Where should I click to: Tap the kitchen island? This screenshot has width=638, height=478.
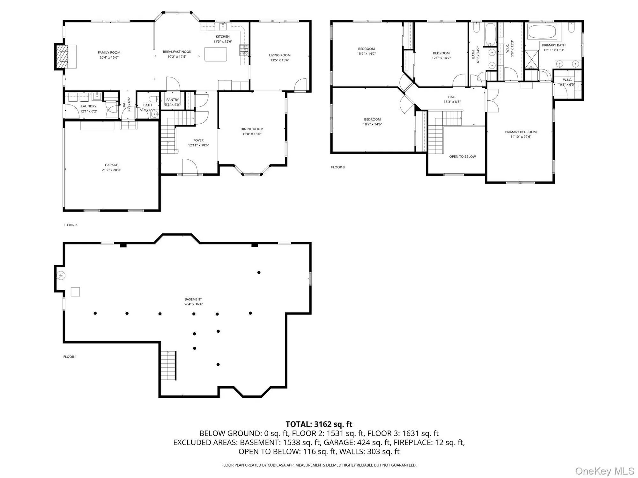click(216, 54)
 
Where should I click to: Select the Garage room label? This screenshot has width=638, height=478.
click(111, 165)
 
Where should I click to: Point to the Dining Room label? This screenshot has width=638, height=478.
click(252, 129)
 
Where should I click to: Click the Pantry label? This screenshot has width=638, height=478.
click(173, 100)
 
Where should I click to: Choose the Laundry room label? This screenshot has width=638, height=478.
click(89, 106)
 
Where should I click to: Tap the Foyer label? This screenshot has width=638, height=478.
click(198, 140)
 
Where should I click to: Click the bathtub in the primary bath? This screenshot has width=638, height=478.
click(542, 32)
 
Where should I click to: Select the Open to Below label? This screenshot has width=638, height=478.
click(463, 156)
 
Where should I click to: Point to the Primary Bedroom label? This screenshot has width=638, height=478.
click(521, 132)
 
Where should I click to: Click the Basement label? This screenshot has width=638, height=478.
click(193, 299)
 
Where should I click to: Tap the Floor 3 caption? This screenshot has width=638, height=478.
click(338, 167)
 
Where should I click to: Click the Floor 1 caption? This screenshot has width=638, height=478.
click(70, 357)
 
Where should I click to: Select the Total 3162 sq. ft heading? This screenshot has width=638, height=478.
click(319, 424)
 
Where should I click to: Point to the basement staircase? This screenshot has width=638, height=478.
click(168, 365)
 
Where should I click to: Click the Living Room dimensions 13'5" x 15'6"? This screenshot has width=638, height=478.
click(280, 60)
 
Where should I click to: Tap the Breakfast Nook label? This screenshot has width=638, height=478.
click(177, 52)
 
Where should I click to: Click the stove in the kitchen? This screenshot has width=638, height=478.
click(244, 50)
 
